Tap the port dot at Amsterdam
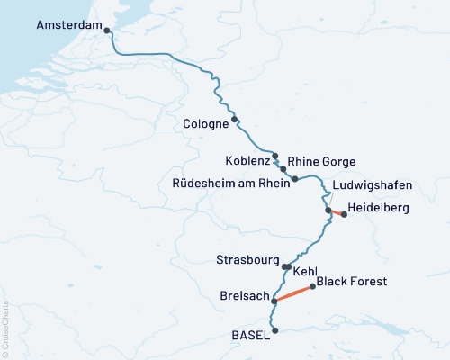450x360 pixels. (108, 31)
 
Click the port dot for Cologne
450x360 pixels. (235, 120)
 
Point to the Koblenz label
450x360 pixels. (247, 161)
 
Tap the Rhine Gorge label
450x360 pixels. (321, 161)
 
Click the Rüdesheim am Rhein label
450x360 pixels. (230, 182)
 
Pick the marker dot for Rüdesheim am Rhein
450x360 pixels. (295, 179)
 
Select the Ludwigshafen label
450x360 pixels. (372, 185)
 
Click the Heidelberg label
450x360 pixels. (380, 208)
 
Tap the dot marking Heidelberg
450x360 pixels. (344, 214)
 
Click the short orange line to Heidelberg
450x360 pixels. (337, 212)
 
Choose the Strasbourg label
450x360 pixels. (247, 260)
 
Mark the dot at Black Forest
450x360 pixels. (312, 287)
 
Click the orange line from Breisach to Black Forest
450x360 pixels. (293, 294)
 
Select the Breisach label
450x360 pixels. (243, 295)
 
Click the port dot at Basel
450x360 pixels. (275, 330)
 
